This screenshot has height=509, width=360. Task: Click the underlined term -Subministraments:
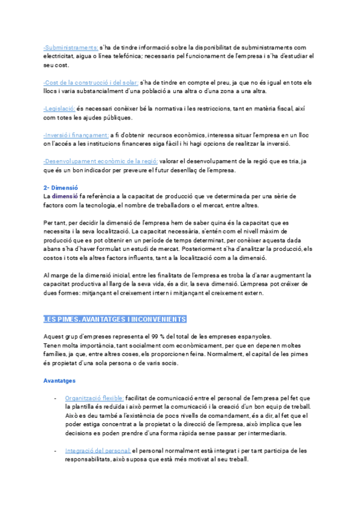pyautogui.click(x=71, y=47)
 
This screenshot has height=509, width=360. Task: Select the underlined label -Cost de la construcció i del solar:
pyautogui.click(x=91, y=82)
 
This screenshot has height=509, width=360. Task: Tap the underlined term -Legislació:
pyautogui.click(x=59, y=109)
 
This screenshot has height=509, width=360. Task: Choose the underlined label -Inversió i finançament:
pyautogui.click(x=76, y=135)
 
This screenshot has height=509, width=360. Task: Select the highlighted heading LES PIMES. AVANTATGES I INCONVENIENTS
pyautogui.click(x=115, y=319)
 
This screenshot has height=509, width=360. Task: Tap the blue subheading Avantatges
pyautogui.click(x=59, y=381)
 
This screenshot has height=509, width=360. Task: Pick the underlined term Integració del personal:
pyautogui.click(x=98, y=450)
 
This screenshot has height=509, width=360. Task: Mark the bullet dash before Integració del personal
pyautogui.click(x=55, y=450)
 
